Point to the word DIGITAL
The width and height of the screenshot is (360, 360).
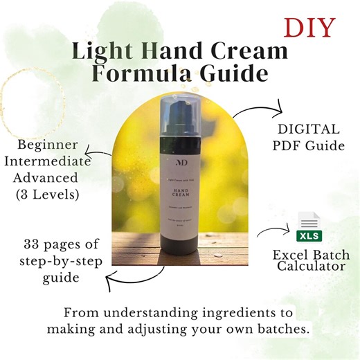point(309,129)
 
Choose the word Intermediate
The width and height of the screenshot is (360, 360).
point(48,162)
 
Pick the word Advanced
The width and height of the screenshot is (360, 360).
point(48,177)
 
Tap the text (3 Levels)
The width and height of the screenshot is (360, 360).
point(48,193)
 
